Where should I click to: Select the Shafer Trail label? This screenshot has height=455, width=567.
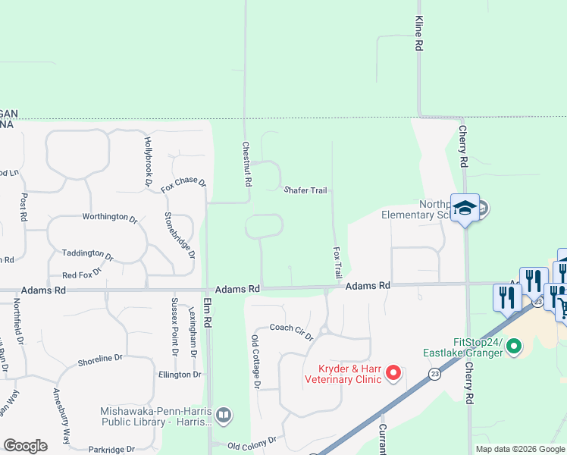click(305, 190)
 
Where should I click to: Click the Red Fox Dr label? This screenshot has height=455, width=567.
click(83, 275)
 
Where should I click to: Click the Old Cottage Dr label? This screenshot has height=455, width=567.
click(256, 361)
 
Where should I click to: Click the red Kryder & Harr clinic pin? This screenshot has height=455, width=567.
click(393, 372)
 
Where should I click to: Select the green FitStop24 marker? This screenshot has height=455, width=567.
click(514, 347)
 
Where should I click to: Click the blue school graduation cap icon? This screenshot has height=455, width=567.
click(464, 208)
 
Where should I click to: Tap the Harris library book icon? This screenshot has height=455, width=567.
click(223, 415)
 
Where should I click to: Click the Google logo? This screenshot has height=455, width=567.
click(25, 446)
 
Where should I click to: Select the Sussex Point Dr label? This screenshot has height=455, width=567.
click(174, 326)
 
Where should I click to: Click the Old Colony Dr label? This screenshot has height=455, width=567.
click(252, 441)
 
